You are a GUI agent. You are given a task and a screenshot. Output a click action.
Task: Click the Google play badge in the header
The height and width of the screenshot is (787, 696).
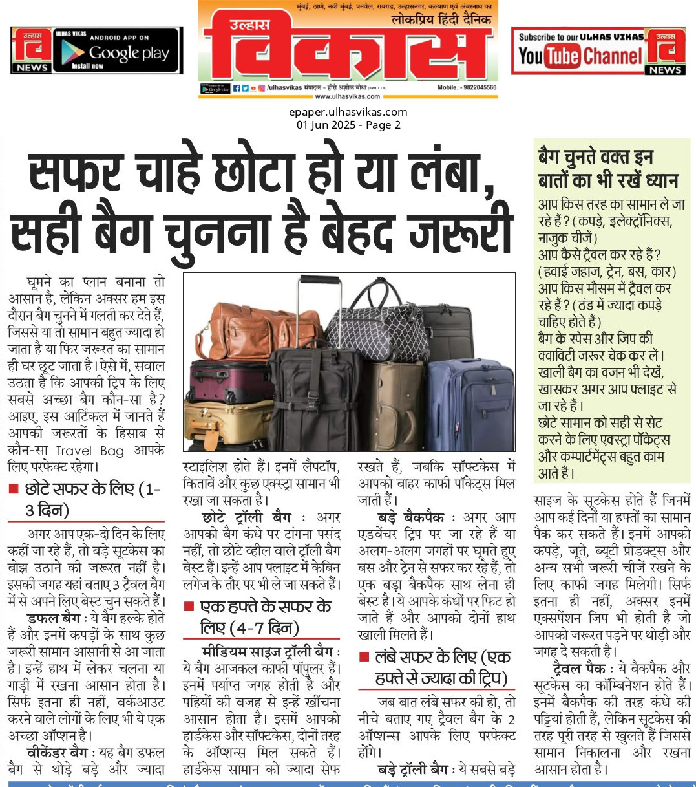[117, 51]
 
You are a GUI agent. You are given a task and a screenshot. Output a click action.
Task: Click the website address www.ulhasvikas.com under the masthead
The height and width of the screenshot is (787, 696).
[348, 96]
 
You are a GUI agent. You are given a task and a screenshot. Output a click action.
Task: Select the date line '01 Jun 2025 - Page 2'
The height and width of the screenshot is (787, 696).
[348, 125]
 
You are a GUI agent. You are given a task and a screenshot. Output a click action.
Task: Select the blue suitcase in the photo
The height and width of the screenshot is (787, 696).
[470, 404]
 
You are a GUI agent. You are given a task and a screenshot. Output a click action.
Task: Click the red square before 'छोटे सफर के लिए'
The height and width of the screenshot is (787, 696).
[14, 490]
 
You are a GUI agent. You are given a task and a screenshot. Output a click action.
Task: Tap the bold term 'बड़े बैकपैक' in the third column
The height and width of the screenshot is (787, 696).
[410, 517]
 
